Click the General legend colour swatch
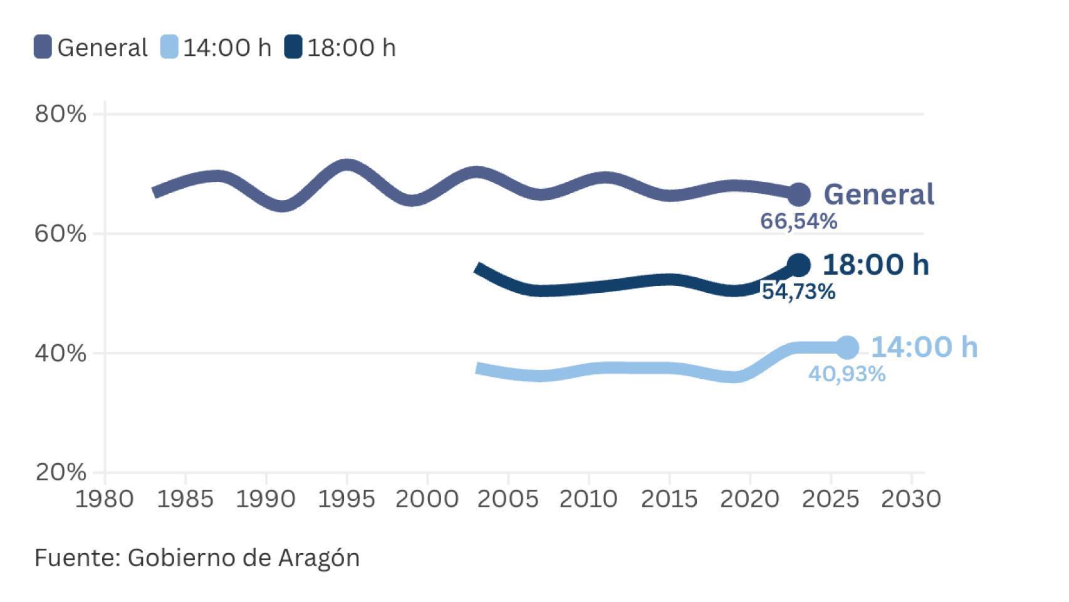point(43,48)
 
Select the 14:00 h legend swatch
point(169,48)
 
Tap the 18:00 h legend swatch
point(293,48)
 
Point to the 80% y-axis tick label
point(60,114)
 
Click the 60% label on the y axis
point(60,234)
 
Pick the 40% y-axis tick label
point(60,353)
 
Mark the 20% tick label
point(60,472)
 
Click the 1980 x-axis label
point(105,499)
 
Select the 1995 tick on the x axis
point(347,499)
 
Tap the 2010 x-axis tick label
point(588,499)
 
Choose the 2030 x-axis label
point(911,499)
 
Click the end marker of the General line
point(798,194)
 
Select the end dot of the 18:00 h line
point(798,265)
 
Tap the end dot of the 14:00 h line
point(847,347)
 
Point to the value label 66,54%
point(798,221)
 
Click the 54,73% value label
point(798,292)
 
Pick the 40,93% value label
point(847,374)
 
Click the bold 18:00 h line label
point(875,265)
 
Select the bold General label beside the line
point(879,194)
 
